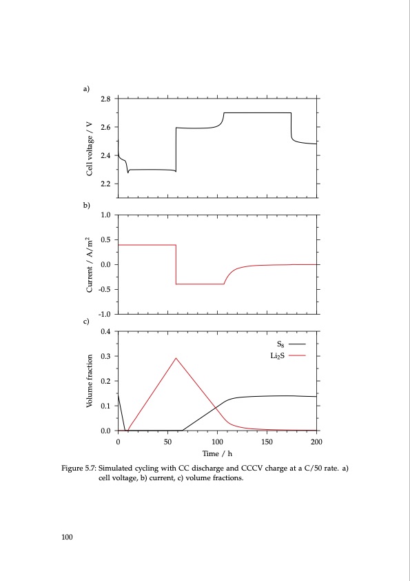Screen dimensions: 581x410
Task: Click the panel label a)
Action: point(87,89)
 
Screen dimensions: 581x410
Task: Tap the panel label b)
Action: point(87,205)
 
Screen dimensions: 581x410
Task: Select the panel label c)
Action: point(87,322)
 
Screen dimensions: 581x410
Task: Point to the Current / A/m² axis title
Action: point(90,264)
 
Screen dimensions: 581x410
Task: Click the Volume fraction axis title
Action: point(90,381)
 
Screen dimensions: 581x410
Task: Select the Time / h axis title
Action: point(217,453)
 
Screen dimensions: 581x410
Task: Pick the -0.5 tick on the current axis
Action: point(105,290)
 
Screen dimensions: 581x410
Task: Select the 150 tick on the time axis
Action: point(267,441)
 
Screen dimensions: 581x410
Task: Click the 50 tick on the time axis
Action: point(167,441)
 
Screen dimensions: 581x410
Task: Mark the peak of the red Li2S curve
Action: point(176,358)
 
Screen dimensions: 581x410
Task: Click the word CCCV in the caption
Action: point(249,469)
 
